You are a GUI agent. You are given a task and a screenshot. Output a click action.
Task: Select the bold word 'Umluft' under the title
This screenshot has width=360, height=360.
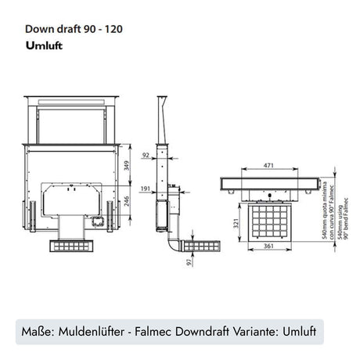click(43, 45)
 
